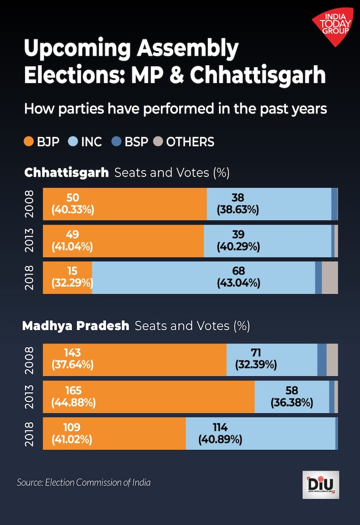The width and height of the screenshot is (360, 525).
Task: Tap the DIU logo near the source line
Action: pos(321,484)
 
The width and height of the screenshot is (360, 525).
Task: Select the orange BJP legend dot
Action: pos(29,142)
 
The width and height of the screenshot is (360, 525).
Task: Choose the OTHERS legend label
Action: pos(190,142)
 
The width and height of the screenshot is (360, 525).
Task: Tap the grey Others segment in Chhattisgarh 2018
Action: pos(330,277)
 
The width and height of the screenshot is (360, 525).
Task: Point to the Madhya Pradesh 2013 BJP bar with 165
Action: pos(149,396)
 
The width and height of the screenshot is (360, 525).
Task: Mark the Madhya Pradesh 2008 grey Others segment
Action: pos(332,359)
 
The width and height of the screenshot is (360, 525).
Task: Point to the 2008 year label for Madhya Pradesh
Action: pos(30,360)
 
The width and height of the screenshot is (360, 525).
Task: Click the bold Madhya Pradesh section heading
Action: pos(76,326)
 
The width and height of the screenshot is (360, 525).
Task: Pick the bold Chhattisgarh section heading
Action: pos(67,172)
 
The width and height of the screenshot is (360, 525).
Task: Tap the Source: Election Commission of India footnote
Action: pos(84,482)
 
